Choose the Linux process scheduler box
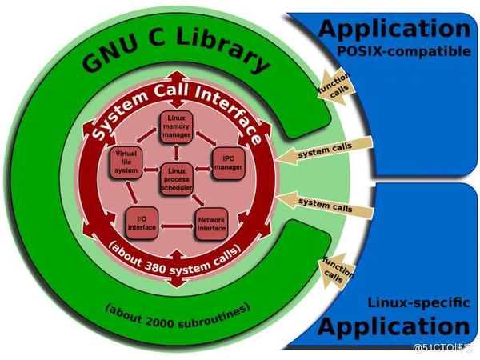tap(176, 177)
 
